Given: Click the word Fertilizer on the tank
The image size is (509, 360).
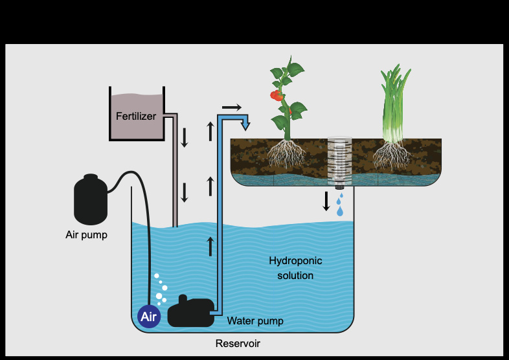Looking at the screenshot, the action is click(136, 116).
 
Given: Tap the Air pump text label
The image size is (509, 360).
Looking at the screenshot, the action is click(86, 234).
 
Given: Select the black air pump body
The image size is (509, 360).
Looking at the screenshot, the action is click(91, 199).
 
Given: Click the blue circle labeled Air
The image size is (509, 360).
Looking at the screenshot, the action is click(149, 317).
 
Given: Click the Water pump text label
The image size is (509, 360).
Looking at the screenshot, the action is click(255, 321).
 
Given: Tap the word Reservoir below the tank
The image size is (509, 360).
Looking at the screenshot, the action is click(238, 343).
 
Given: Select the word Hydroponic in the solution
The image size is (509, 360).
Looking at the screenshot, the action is click(295, 261).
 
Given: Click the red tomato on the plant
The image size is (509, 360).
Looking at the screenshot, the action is click(277, 95).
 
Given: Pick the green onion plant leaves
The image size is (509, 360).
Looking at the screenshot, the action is click(394, 104).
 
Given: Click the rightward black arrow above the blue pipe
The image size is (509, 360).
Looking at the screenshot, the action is click(232, 107).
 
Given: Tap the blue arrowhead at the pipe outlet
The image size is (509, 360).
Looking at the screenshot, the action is click(245, 125).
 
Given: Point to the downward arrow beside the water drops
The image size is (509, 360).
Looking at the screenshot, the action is click(326, 201).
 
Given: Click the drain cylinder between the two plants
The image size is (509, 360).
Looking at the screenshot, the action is click(339, 163).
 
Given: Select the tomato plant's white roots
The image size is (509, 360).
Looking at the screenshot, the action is click(286, 153).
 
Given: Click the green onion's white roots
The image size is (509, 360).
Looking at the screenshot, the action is click(392, 155).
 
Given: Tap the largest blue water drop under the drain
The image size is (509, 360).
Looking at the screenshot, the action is click(340, 211).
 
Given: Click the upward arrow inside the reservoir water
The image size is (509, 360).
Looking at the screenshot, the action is click(210, 247).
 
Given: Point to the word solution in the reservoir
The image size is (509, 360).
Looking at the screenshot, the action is click(295, 276).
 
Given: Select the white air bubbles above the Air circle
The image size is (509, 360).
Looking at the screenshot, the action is click(161, 289).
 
